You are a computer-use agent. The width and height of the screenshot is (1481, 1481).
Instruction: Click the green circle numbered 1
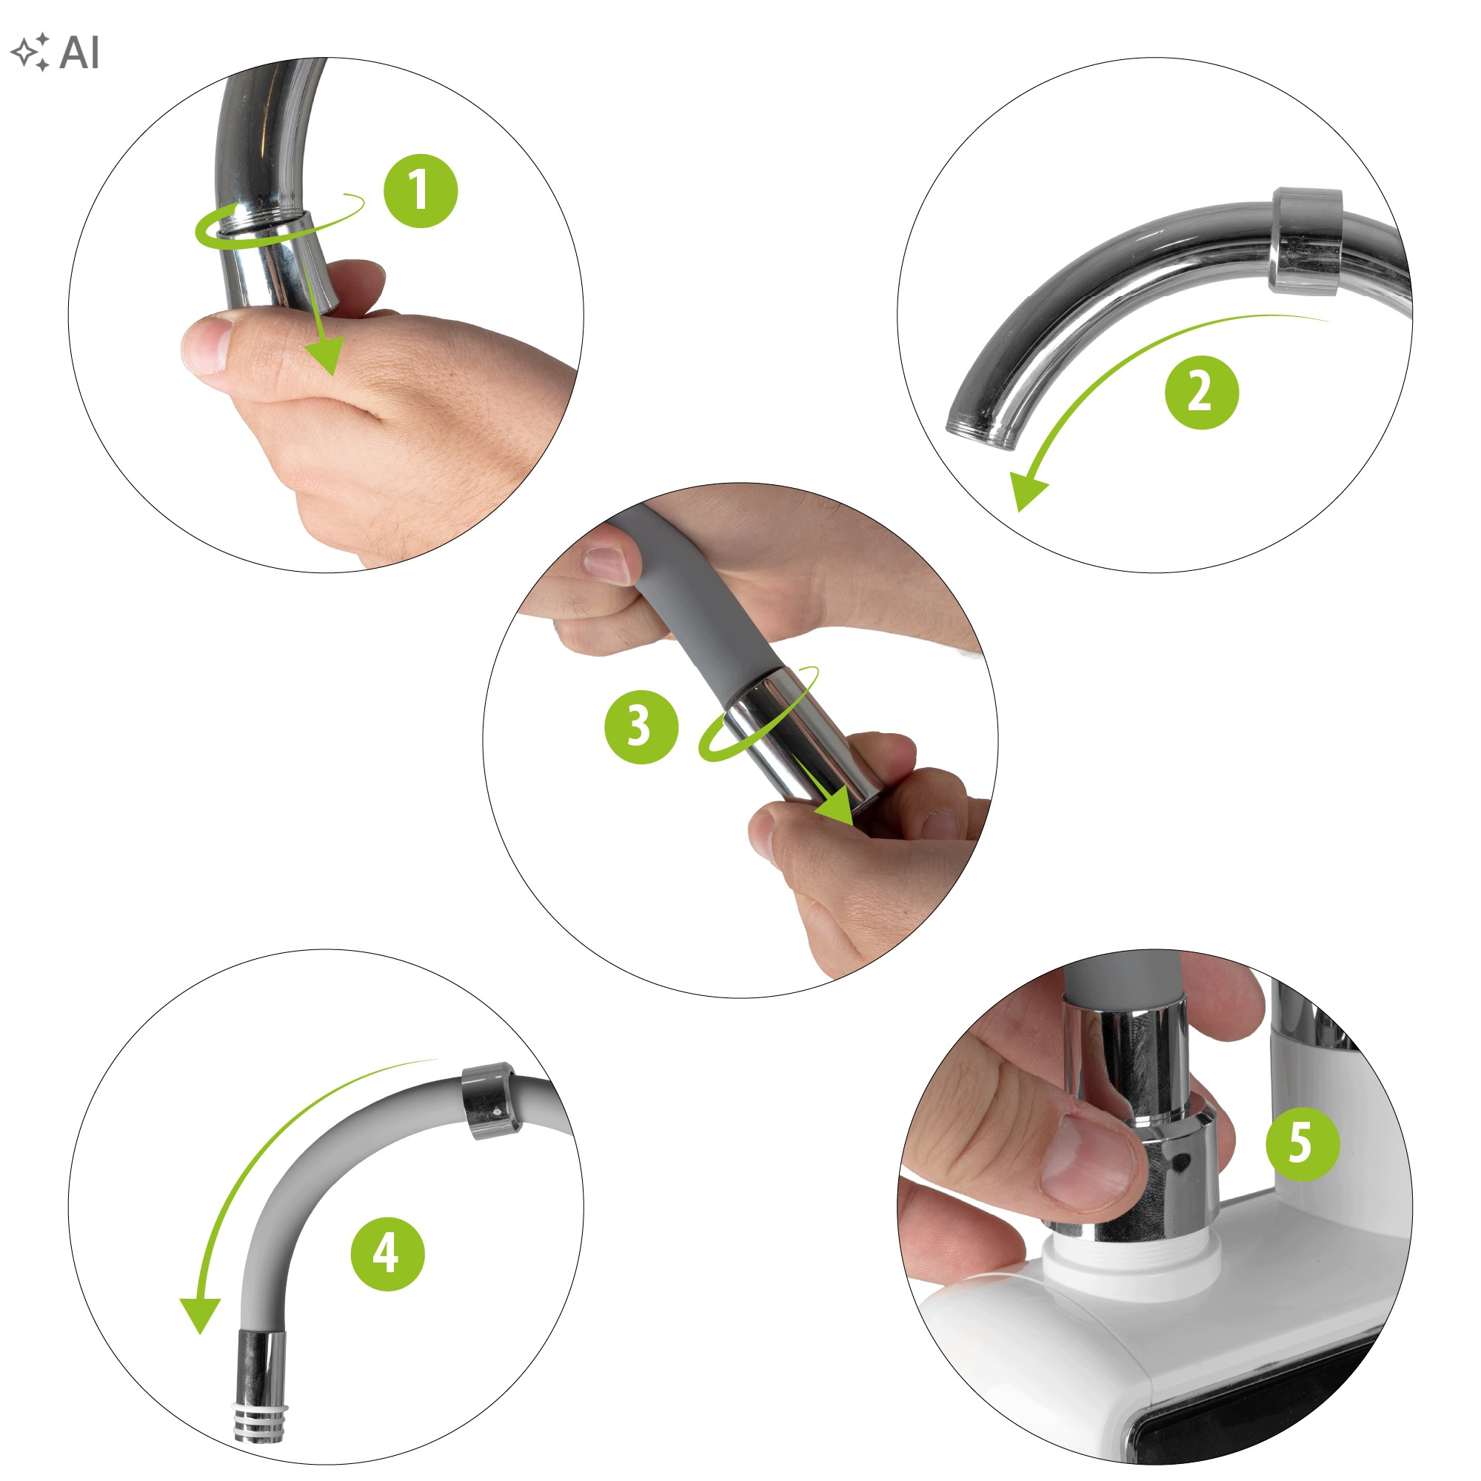(x=421, y=191)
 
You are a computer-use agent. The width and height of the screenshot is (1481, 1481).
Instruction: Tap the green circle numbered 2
(x=1201, y=392)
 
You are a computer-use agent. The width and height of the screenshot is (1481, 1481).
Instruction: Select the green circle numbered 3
(x=641, y=726)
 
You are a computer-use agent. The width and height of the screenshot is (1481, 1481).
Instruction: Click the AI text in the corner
(x=79, y=53)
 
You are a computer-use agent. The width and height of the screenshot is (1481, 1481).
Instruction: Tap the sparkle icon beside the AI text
(x=30, y=53)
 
